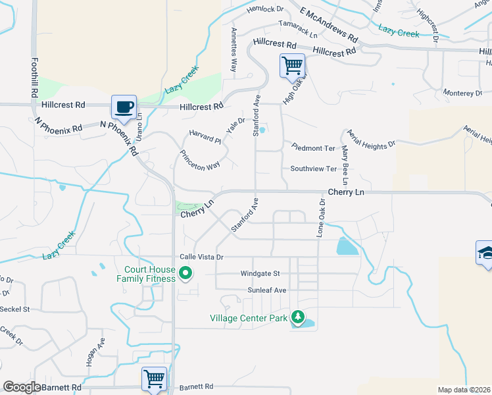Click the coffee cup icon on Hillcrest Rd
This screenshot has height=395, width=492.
click(123, 105)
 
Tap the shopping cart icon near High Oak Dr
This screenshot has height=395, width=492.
click(292, 65)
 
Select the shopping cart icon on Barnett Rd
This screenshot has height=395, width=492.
click(154, 379)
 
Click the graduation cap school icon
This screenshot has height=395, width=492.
click(485, 253)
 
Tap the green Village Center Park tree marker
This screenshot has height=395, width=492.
click(298, 318)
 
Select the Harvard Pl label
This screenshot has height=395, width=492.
click(205, 136)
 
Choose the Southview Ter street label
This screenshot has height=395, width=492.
click(313, 169)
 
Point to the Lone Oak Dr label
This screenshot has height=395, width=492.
click(322, 219)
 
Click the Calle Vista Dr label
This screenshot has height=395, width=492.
click(202, 257)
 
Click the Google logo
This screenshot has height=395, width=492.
click(22, 387)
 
